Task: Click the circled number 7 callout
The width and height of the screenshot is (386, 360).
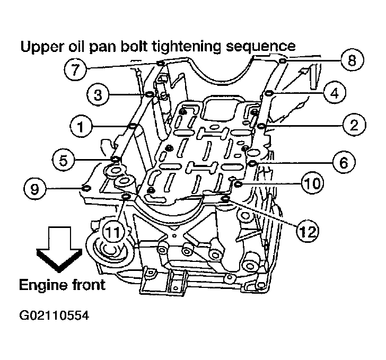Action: click(x=75, y=68)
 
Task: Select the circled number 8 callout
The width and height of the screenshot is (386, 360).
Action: click(x=352, y=60)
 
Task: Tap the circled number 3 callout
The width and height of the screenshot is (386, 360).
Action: click(x=98, y=94)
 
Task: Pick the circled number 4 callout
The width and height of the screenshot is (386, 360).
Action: click(x=335, y=93)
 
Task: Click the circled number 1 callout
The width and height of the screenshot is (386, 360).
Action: click(x=81, y=126)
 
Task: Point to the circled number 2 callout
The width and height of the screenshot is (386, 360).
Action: click(x=354, y=125)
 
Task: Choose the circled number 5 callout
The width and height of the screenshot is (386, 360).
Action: click(x=64, y=160)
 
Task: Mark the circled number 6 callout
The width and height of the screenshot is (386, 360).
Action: click(x=344, y=163)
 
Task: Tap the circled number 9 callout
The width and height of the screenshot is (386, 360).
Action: click(x=34, y=189)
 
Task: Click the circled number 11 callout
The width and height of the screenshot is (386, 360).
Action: click(x=113, y=232)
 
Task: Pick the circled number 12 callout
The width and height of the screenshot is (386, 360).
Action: click(x=308, y=232)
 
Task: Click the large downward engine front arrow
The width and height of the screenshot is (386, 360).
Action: click(x=59, y=249)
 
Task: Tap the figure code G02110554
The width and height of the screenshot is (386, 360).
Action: click(x=54, y=315)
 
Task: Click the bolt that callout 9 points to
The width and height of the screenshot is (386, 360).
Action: click(x=86, y=188)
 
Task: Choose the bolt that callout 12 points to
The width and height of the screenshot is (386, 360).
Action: click(x=225, y=198)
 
